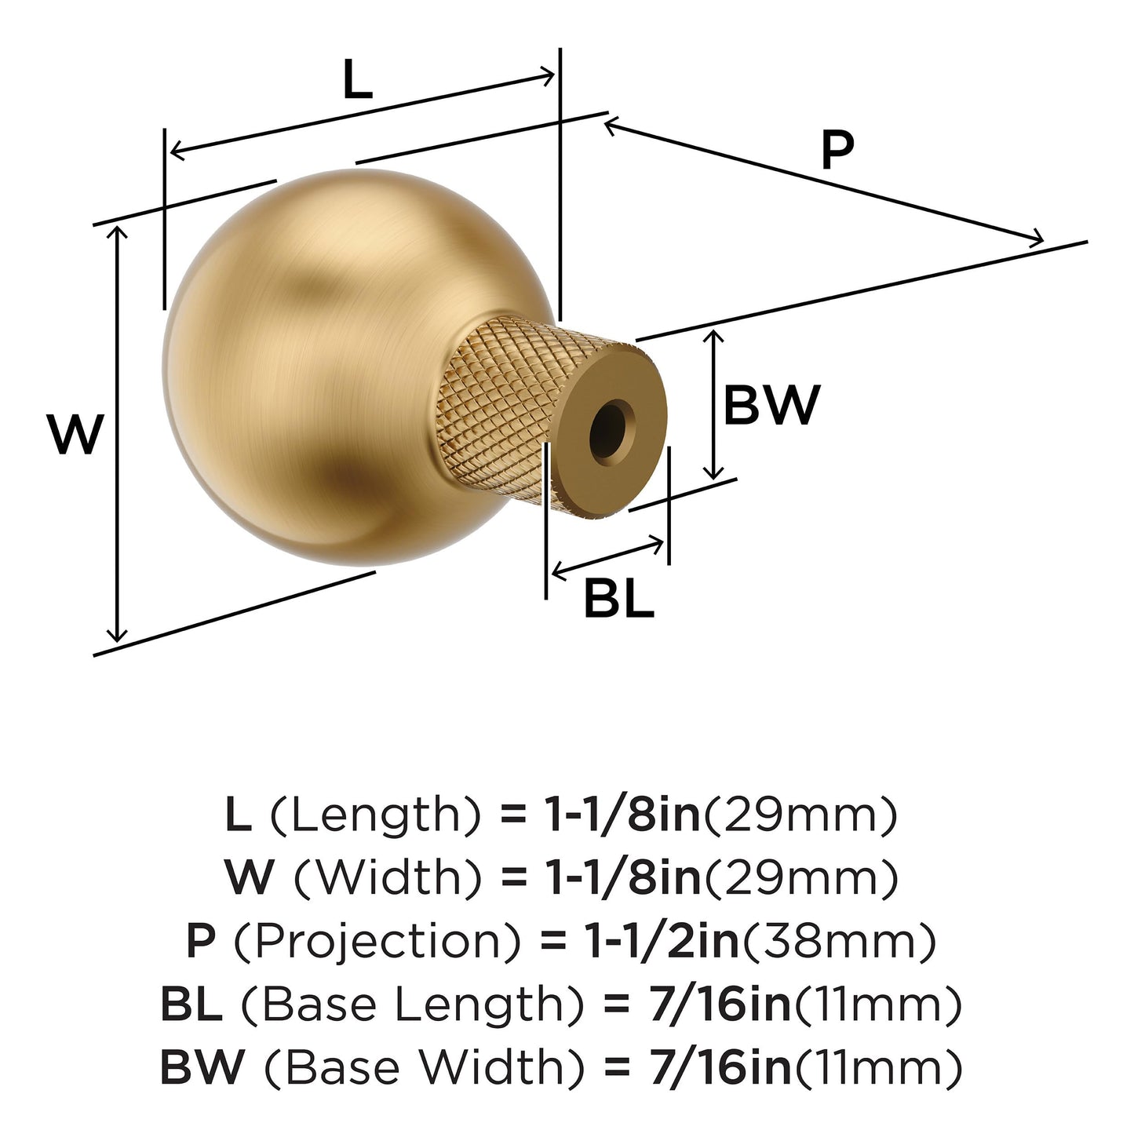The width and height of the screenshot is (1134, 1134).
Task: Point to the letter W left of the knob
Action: [x=75, y=434]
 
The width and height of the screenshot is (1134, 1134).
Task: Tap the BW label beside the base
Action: [x=771, y=405]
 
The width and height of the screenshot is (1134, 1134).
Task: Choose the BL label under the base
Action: [x=618, y=600]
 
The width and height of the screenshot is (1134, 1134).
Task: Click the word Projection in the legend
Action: [x=377, y=941]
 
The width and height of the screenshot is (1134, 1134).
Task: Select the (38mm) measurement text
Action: [x=839, y=941]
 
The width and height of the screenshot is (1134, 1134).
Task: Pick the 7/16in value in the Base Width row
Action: [x=720, y=1068]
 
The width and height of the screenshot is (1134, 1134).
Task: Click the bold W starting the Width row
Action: [x=250, y=878]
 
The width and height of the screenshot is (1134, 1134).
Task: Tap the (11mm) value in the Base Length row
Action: [x=878, y=1005]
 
